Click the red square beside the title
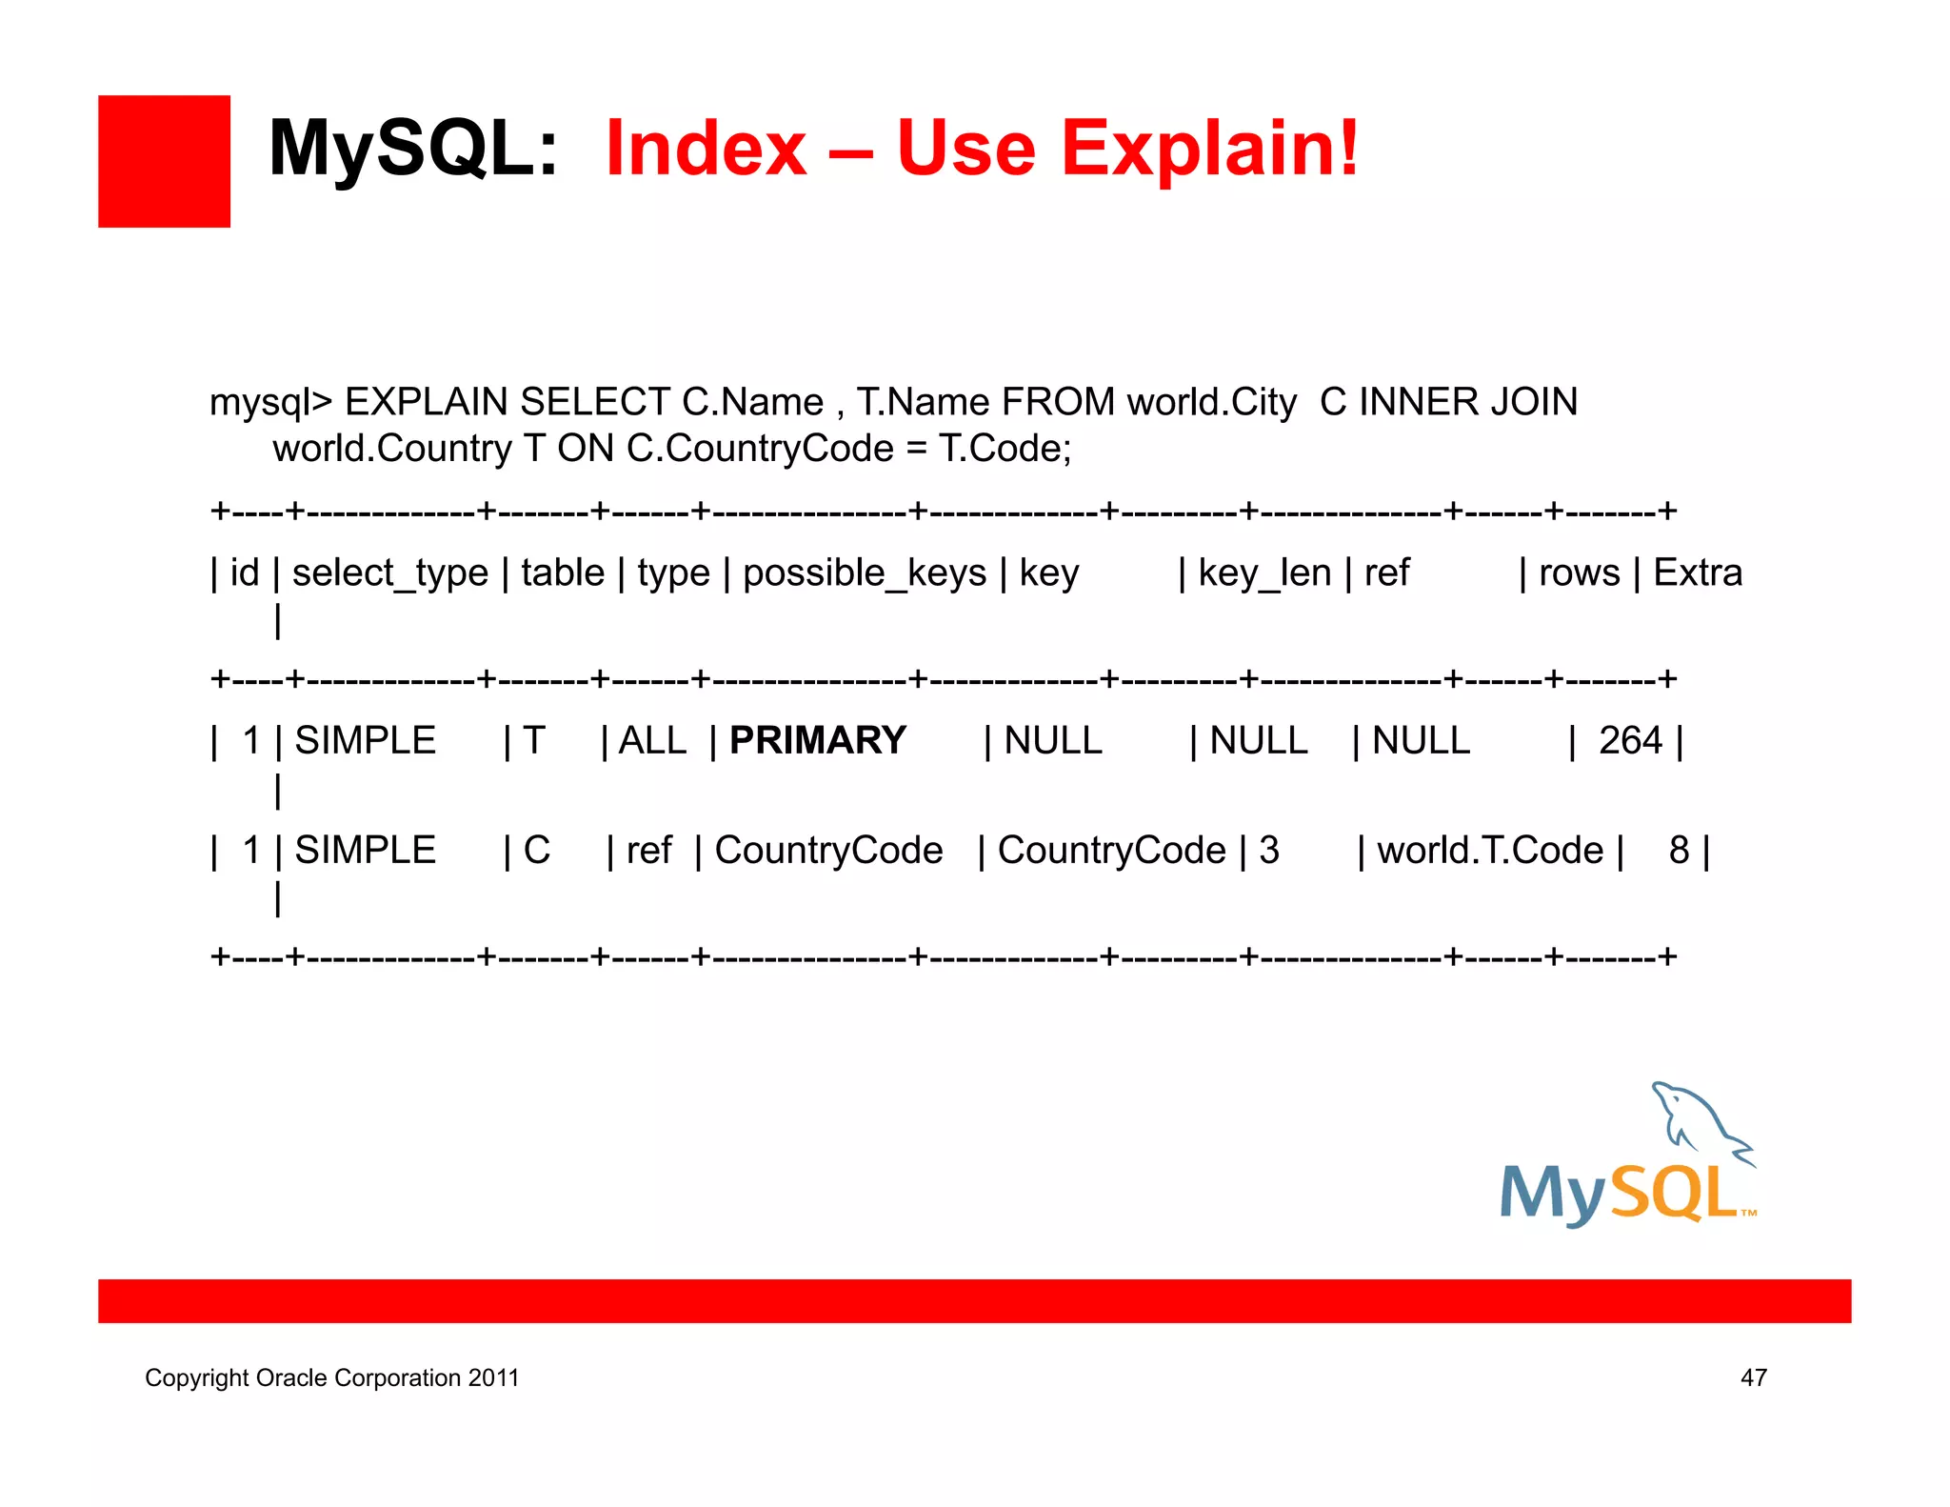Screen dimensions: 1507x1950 pos(164,161)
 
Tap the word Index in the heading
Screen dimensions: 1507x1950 pos(706,150)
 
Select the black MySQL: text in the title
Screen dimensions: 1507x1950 pos(413,150)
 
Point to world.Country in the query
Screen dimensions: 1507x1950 pos(392,449)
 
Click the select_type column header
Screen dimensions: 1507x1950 pos(389,573)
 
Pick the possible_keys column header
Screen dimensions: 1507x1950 pos(864,573)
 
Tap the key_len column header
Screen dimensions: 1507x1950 pos(1264,573)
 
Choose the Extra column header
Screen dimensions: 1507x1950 pos(1697,573)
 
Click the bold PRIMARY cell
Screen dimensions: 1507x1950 pos(817,741)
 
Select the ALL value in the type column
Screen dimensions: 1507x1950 pos(652,741)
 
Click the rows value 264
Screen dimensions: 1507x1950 pos(1629,741)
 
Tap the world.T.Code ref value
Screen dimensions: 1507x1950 pos(1489,851)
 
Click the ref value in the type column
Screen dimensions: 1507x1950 pos(648,851)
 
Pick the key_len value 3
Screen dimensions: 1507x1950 pos(1268,851)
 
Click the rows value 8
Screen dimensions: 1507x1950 pos(1679,851)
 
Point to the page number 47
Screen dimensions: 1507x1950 pos(1753,1378)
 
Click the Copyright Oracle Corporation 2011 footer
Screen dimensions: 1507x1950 pos(331,1378)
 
